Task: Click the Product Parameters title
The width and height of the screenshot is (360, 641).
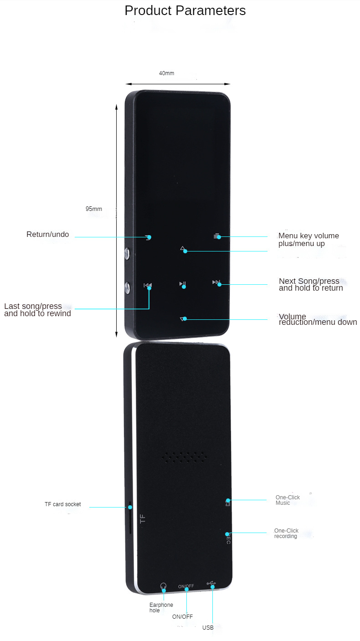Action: click(185, 10)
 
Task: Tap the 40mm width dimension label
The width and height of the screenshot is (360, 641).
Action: click(166, 73)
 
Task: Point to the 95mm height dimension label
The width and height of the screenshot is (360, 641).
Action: click(93, 209)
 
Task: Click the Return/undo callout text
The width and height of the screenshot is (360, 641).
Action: click(47, 234)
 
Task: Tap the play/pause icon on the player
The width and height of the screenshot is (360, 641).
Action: click(182, 284)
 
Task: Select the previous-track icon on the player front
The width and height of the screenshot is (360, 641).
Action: click(148, 285)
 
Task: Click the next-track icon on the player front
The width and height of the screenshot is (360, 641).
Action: click(216, 282)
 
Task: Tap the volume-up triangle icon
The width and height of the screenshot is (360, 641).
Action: click(183, 249)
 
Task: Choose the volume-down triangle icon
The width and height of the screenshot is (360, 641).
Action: click(183, 319)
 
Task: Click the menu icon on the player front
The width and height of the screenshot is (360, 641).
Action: click(216, 236)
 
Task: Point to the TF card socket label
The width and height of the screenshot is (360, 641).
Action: click(63, 504)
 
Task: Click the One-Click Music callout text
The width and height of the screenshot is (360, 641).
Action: click(288, 500)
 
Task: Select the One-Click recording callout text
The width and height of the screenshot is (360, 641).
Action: click(286, 533)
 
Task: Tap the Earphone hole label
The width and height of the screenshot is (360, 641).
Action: click(161, 608)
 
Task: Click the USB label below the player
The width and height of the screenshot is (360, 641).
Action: click(208, 627)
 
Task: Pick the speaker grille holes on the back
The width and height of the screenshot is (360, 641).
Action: click(184, 457)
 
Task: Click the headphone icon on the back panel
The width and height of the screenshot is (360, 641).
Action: click(163, 586)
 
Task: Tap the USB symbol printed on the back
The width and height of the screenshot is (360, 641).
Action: click(211, 584)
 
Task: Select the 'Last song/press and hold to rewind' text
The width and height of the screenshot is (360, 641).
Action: click(37, 310)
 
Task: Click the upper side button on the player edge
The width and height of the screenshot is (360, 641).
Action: click(127, 254)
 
